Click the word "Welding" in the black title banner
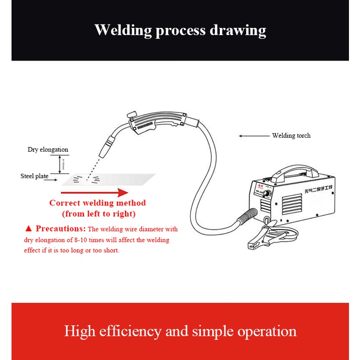pyautogui.click(x=121, y=30)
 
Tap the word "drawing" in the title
pyautogui.click(x=238, y=30)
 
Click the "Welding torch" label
pyautogui.click(x=291, y=136)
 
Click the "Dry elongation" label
pyautogui.click(x=48, y=150)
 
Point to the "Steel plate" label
pyautogui.click(x=34, y=176)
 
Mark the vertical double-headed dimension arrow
pyautogui.click(x=60, y=165)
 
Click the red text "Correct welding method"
pyautogui.click(x=97, y=203)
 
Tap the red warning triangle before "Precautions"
pyautogui.click(x=28, y=229)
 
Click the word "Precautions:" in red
pyautogui.click(x=60, y=229)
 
